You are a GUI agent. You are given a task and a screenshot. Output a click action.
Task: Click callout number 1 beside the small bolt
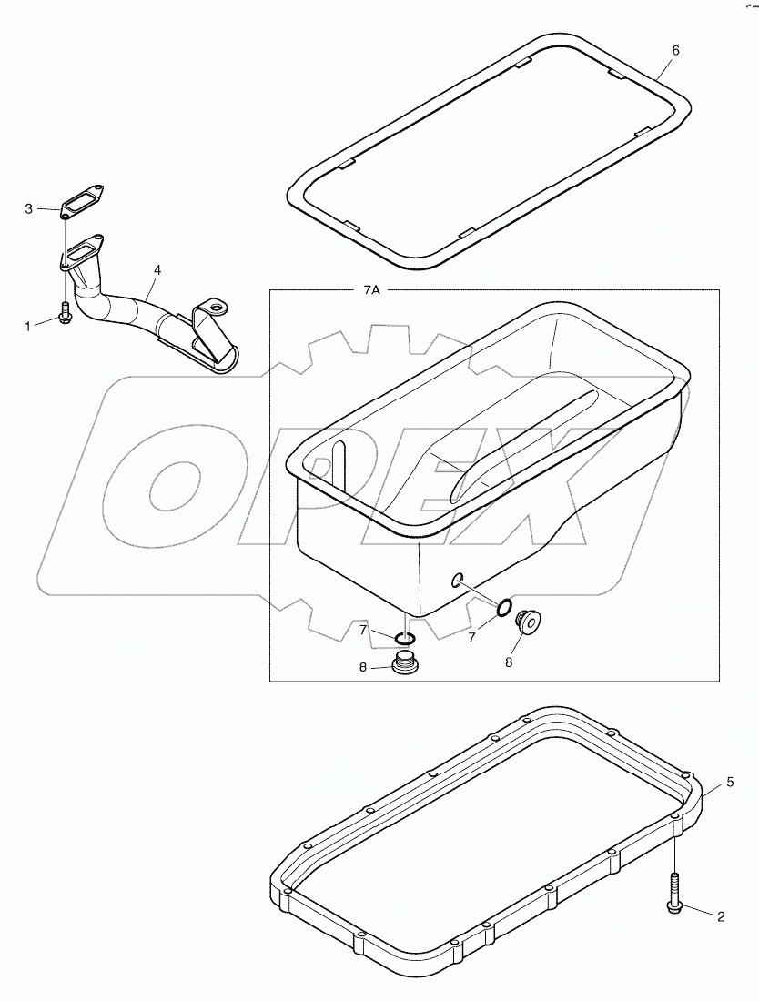point(27,325)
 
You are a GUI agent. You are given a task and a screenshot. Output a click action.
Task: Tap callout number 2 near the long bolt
point(721,916)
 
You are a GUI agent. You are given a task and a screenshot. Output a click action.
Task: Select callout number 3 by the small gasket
point(28,208)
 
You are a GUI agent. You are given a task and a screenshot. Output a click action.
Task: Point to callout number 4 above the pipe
point(157,270)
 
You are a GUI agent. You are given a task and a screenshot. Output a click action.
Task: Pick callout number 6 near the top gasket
point(675,51)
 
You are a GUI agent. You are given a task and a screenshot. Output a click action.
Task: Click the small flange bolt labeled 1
point(65,313)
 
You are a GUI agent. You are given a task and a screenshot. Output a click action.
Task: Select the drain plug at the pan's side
point(527,622)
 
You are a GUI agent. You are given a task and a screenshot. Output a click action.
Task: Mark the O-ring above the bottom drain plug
point(408,637)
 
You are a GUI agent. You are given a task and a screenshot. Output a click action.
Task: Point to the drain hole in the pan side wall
point(458,579)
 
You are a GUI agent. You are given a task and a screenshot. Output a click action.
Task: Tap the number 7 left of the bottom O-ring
point(362,630)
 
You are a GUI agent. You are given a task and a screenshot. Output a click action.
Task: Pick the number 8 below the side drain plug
point(508,662)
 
